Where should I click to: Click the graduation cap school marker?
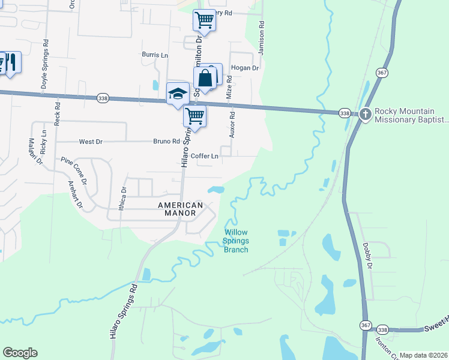point(178,94)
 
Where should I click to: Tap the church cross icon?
point(366,115)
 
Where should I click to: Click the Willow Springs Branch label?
point(236,241)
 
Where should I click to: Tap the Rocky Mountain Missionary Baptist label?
point(411,115)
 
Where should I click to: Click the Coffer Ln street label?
point(205,156)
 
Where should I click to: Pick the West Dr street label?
point(91,142)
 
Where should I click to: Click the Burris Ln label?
point(155,55)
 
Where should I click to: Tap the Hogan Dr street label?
point(244,68)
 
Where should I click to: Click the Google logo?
point(20,353)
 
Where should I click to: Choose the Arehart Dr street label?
point(75,193)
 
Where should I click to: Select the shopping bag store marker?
point(205,78)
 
